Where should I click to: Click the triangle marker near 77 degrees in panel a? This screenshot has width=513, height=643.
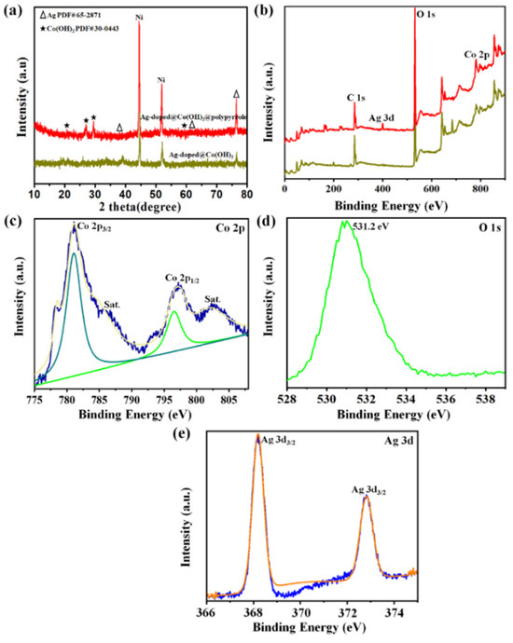[x=237, y=93]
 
